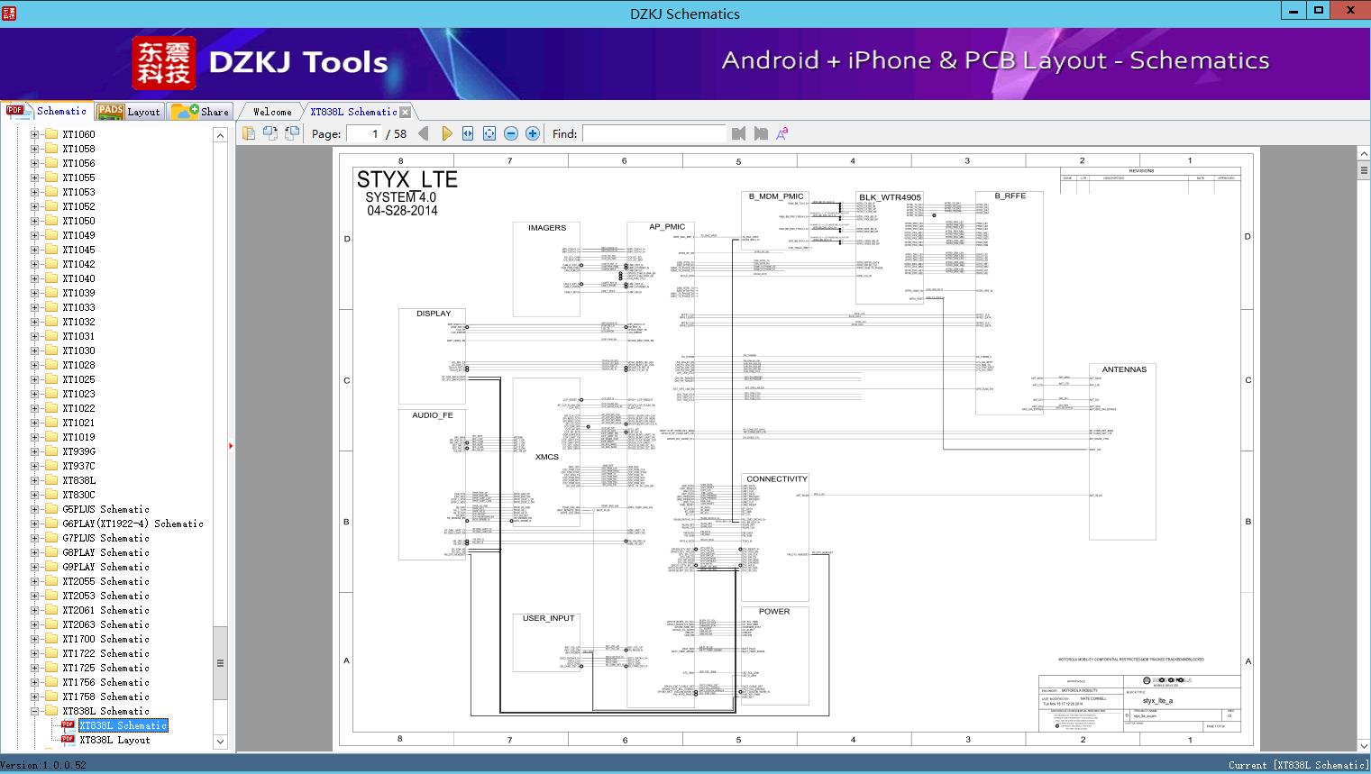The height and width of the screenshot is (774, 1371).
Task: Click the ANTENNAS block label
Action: (1124, 369)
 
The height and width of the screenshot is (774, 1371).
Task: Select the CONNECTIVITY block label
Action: (776, 479)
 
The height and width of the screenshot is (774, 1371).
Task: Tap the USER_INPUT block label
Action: (548, 618)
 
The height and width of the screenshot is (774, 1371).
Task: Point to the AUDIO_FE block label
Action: (433, 415)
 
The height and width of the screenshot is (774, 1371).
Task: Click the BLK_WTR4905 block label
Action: (890, 197)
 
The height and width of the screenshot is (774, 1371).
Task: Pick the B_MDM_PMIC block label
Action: (775, 196)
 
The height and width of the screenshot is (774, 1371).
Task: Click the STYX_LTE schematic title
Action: (407, 179)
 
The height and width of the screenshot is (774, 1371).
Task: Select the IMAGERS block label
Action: (546, 228)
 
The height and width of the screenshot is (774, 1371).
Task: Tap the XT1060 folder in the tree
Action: (78, 134)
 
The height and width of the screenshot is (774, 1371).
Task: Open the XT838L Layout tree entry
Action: (114, 740)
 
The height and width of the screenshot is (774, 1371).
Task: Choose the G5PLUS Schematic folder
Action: (105, 509)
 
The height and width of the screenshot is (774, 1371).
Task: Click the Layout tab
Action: (130, 112)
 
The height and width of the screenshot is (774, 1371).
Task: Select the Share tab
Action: (202, 112)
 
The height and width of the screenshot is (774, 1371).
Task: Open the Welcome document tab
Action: (272, 112)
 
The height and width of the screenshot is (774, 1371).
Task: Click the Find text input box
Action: (654, 133)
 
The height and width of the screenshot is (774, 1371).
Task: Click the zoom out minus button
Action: (511, 133)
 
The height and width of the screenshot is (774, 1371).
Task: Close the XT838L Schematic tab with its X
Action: (406, 112)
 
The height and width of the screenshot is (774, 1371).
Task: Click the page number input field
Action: (364, 133)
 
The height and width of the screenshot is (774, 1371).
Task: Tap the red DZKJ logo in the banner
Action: (164, 63)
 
